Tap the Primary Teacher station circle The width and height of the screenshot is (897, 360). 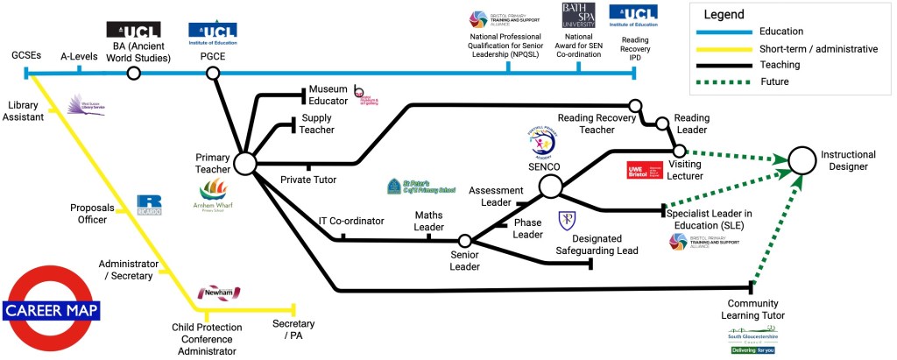click(x=244, y=163)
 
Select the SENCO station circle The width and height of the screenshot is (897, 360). click(x=550, y=186)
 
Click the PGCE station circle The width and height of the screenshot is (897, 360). click(x=212, y=74)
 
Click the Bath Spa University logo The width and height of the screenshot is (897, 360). click(x=578, y=20)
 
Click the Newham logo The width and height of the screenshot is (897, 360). click(x=218, y=293)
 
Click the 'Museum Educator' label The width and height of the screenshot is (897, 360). click(x=328, y=95)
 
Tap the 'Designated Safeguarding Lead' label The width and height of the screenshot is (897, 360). click(x=592, y=244)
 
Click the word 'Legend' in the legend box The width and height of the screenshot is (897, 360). click(x=723, y=14)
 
